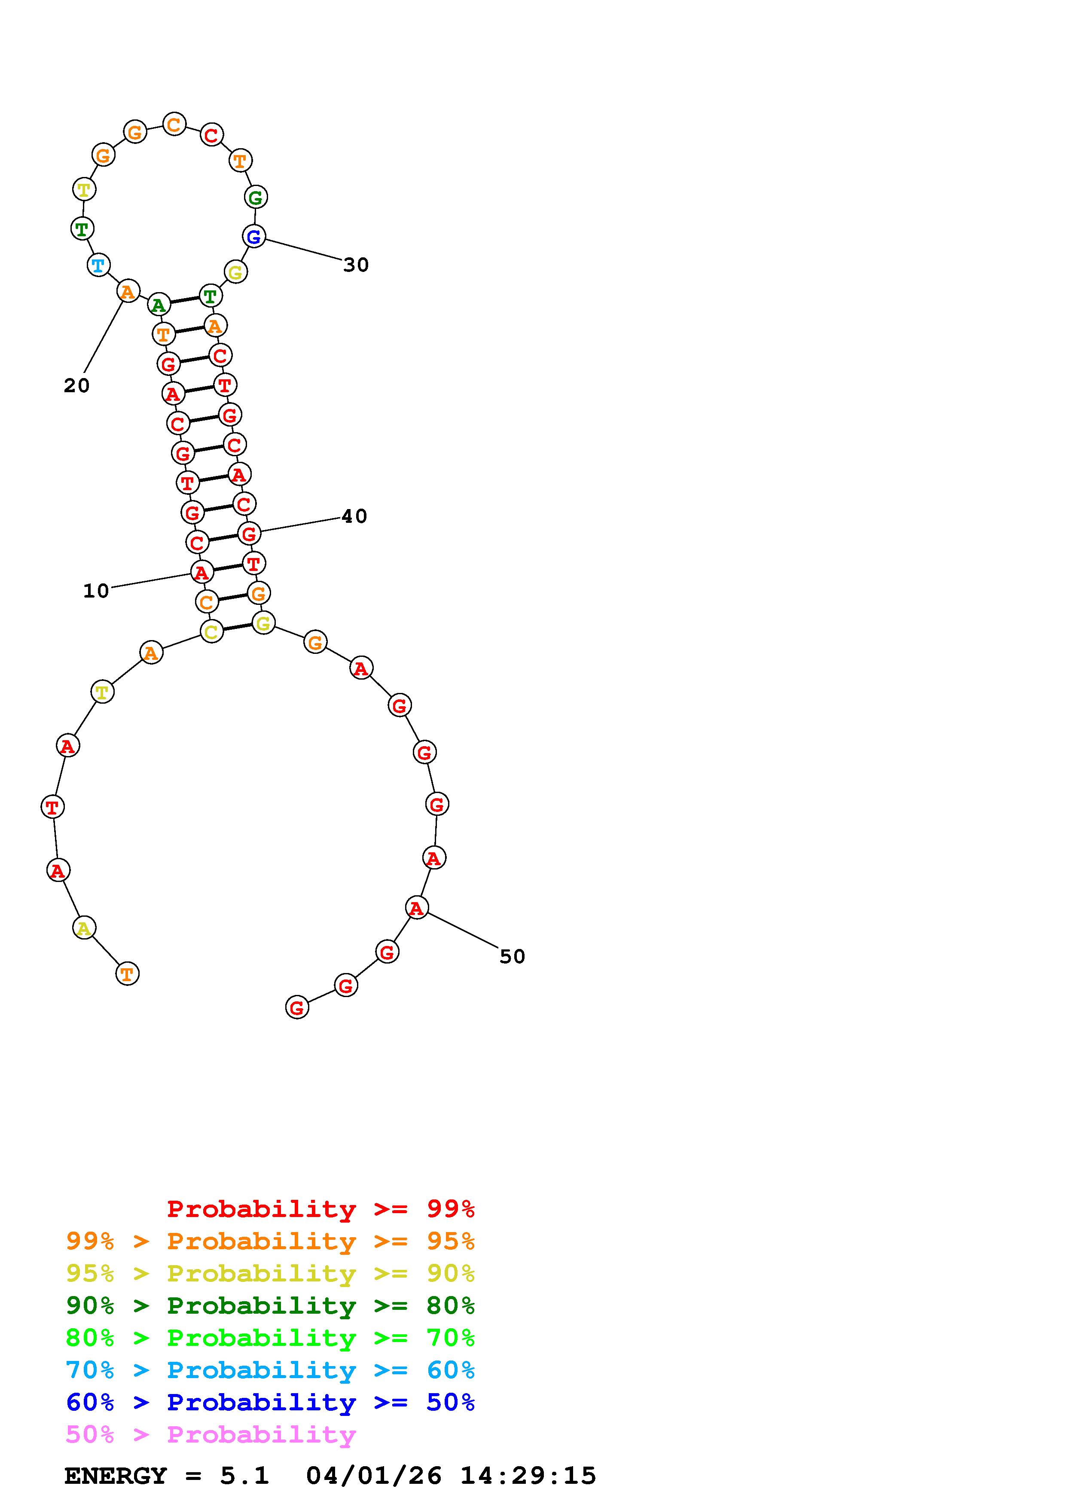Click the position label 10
tap(96, 591)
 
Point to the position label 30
tap(356, 265)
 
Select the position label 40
tap(354, 516)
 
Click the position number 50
tap(513, 956)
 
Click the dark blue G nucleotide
tap(254, 236)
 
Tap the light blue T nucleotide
tap(98, 265)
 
